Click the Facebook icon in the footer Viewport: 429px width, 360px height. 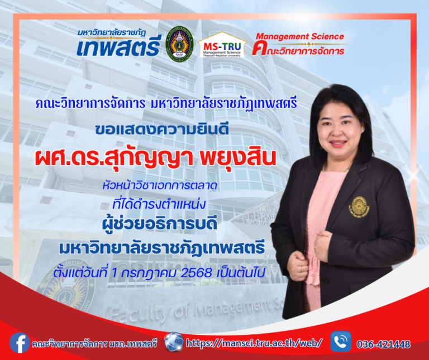click(20, 342)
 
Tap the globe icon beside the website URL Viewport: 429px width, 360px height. click(174, 342)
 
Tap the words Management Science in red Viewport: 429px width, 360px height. click(299, 37)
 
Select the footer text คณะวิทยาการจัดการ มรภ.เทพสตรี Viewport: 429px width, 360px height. click(94, 342)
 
